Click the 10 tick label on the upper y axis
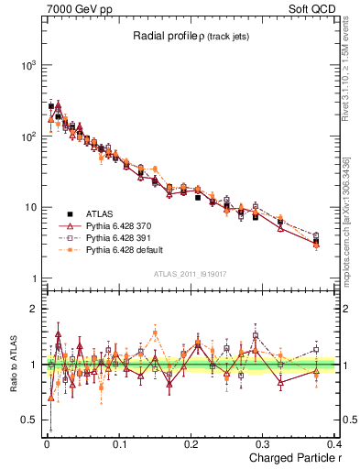click(x=29, y=207)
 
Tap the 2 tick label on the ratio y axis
click(x=34, y=310)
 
